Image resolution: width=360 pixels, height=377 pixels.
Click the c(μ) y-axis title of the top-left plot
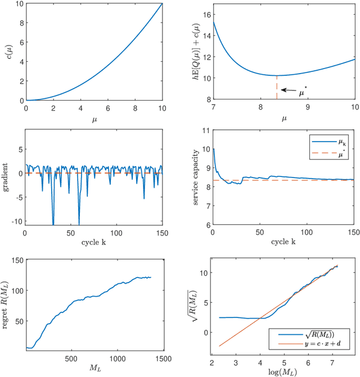point(7,51)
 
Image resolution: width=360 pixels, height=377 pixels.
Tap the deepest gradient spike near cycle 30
point(53,224)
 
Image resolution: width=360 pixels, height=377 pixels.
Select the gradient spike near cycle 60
point(79,224)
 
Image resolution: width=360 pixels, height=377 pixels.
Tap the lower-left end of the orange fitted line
point(219,346)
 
